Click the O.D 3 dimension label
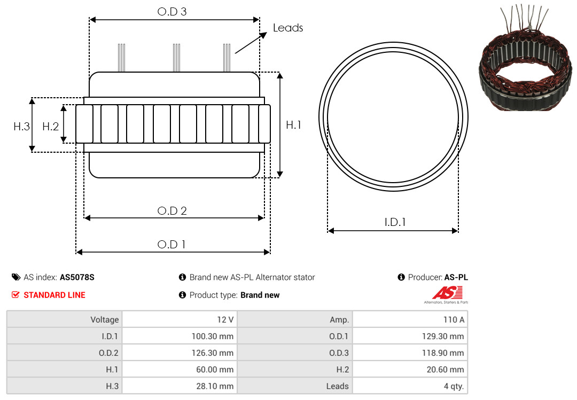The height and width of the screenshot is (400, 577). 172,12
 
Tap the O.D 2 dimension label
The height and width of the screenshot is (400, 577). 172,211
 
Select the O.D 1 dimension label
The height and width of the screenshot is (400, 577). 171,245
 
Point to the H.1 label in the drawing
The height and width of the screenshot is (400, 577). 294,125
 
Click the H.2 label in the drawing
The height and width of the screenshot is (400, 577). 50,127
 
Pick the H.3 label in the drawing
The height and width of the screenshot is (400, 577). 21,127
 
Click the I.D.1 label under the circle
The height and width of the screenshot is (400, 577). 395,222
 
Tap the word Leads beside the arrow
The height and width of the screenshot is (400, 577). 288,28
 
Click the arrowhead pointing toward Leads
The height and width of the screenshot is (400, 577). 263,35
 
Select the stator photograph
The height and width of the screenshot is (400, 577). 526,58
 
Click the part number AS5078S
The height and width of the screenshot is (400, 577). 77,278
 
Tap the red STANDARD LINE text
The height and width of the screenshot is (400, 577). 54,295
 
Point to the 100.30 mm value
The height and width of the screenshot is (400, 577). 212,336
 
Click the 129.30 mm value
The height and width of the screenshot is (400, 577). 443,336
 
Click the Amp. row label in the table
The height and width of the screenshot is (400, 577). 339,320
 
